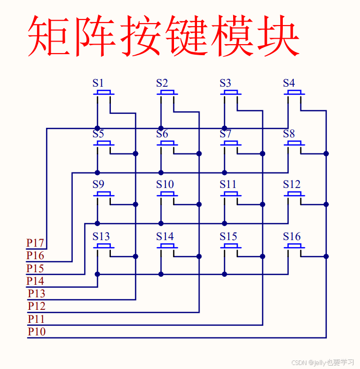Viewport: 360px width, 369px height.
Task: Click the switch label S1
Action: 98,83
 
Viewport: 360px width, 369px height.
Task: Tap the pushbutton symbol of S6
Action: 167,144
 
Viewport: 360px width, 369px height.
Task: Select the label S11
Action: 228,184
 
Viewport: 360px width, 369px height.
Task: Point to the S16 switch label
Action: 291,236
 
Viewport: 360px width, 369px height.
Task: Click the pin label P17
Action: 36,244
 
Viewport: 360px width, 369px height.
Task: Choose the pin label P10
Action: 37,331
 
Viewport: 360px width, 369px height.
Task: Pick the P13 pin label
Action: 37,293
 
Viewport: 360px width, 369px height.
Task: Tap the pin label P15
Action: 36,269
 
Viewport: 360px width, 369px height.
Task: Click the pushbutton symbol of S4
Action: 294,93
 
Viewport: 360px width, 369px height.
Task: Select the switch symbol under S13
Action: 104,246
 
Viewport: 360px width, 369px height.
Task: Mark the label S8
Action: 289,134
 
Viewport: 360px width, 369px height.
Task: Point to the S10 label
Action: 164,184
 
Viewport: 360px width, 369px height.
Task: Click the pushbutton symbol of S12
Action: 294,195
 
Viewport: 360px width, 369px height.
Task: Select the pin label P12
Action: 37,306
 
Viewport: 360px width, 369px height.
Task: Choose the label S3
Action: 225,83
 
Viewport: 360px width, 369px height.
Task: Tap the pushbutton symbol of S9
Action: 104,195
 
